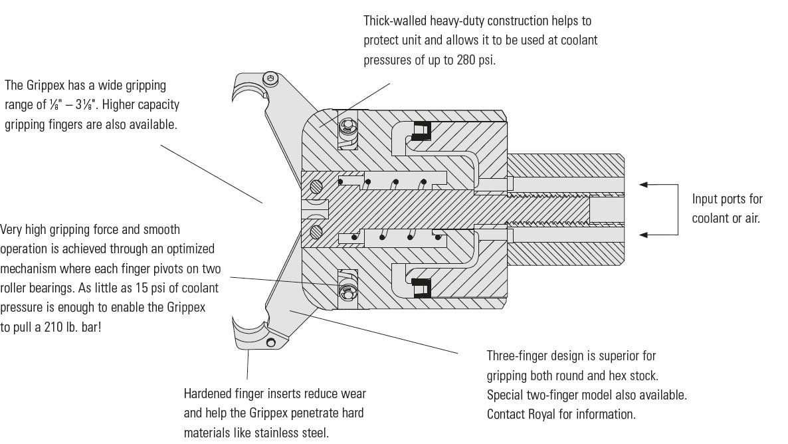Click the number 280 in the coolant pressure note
point(465,60)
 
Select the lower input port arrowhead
point(644,234)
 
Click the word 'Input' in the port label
point(706,199)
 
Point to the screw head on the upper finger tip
point(270,79)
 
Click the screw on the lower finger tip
point(271,342)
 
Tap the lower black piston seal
point(421,288)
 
